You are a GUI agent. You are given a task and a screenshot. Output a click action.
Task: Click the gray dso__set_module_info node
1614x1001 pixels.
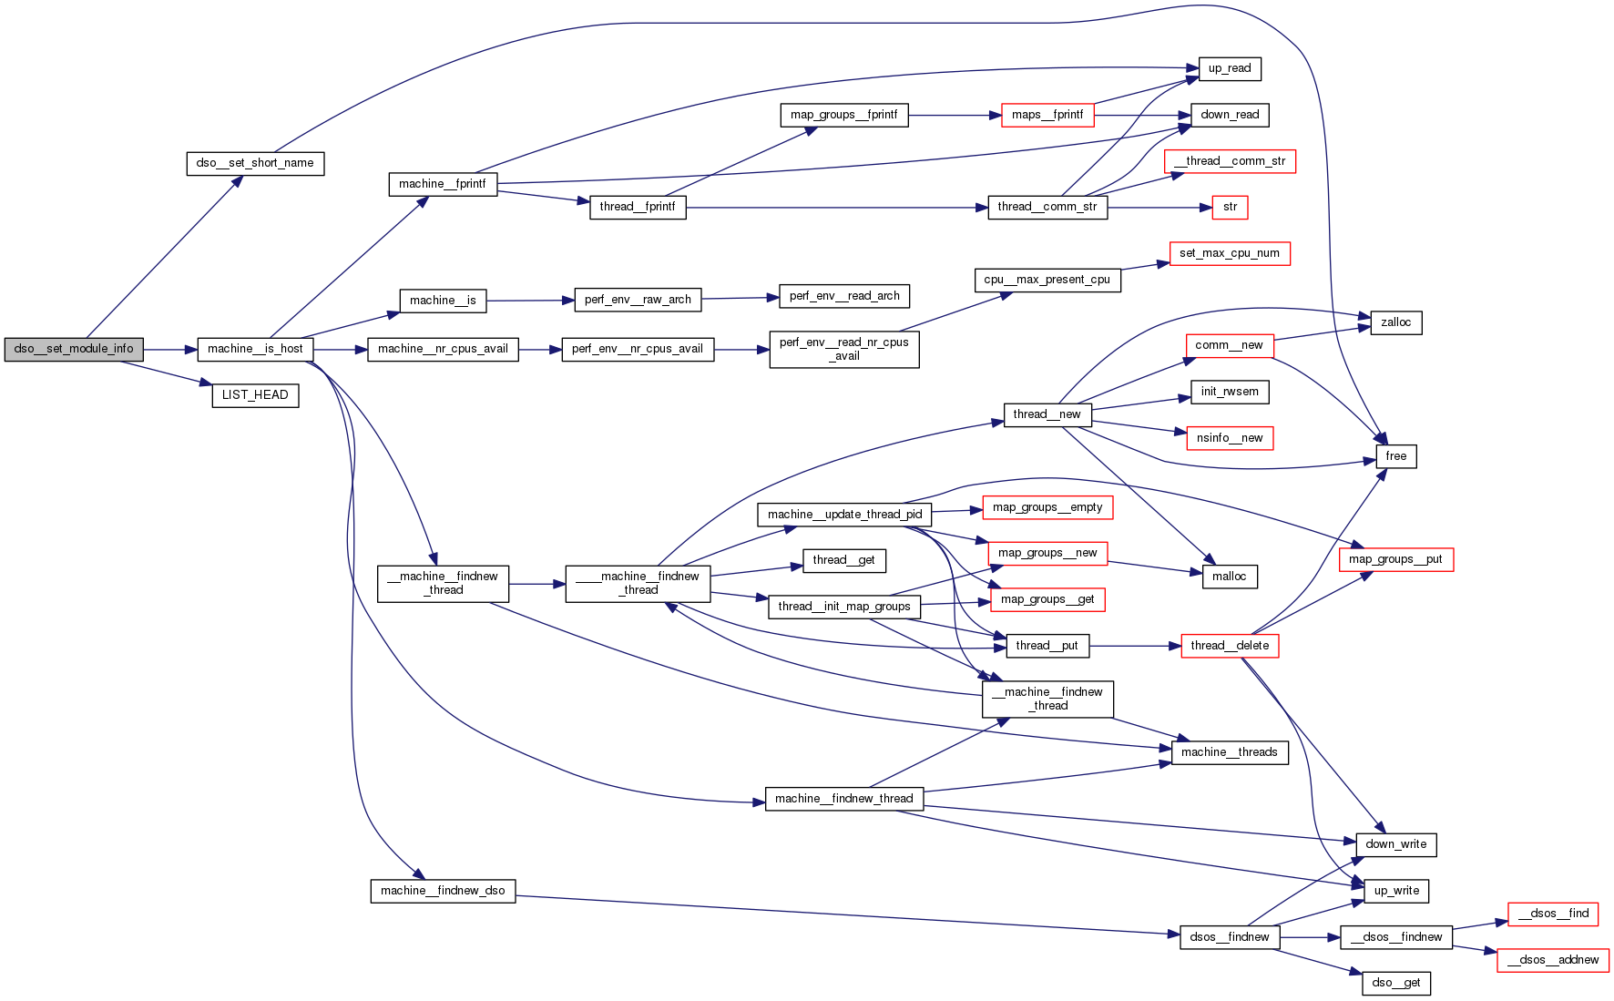[74, 349]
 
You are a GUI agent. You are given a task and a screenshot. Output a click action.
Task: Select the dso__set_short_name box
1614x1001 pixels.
[255, 163]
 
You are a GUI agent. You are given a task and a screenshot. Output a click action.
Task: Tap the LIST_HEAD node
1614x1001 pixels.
[255, 395]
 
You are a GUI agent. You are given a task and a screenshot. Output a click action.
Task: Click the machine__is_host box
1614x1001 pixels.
[255, 349]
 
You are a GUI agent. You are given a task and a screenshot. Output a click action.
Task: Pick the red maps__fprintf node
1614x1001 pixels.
[1047, 115]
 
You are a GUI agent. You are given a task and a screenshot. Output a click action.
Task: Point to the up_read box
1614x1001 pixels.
[1229, 68]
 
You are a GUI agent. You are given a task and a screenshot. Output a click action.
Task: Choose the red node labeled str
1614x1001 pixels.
[1230, 208]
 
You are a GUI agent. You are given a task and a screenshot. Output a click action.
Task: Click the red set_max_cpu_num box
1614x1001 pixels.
[1229, 253]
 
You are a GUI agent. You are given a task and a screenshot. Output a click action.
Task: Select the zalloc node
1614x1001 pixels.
[1395, 322]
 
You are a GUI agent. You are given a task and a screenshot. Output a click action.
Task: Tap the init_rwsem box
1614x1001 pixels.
[1230, 392]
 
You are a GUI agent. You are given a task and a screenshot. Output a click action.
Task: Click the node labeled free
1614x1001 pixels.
[1395, 456]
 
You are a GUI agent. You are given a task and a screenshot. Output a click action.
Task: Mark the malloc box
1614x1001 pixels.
[1229, 577]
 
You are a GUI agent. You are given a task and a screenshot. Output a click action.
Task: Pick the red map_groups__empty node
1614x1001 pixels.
[1047, 507]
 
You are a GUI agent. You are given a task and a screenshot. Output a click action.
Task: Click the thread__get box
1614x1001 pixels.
[843, 560]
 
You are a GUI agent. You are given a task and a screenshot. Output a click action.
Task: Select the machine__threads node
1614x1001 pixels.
[1229, 752]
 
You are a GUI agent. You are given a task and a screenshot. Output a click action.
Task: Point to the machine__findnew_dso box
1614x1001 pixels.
[443, 891]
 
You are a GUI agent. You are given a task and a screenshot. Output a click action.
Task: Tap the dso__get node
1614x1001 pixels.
[1395, 983]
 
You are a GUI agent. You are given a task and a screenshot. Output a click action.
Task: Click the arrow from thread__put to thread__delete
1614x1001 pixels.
[1134, 646]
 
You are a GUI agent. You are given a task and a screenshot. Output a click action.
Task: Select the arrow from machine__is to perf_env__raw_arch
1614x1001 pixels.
[530, 301]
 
